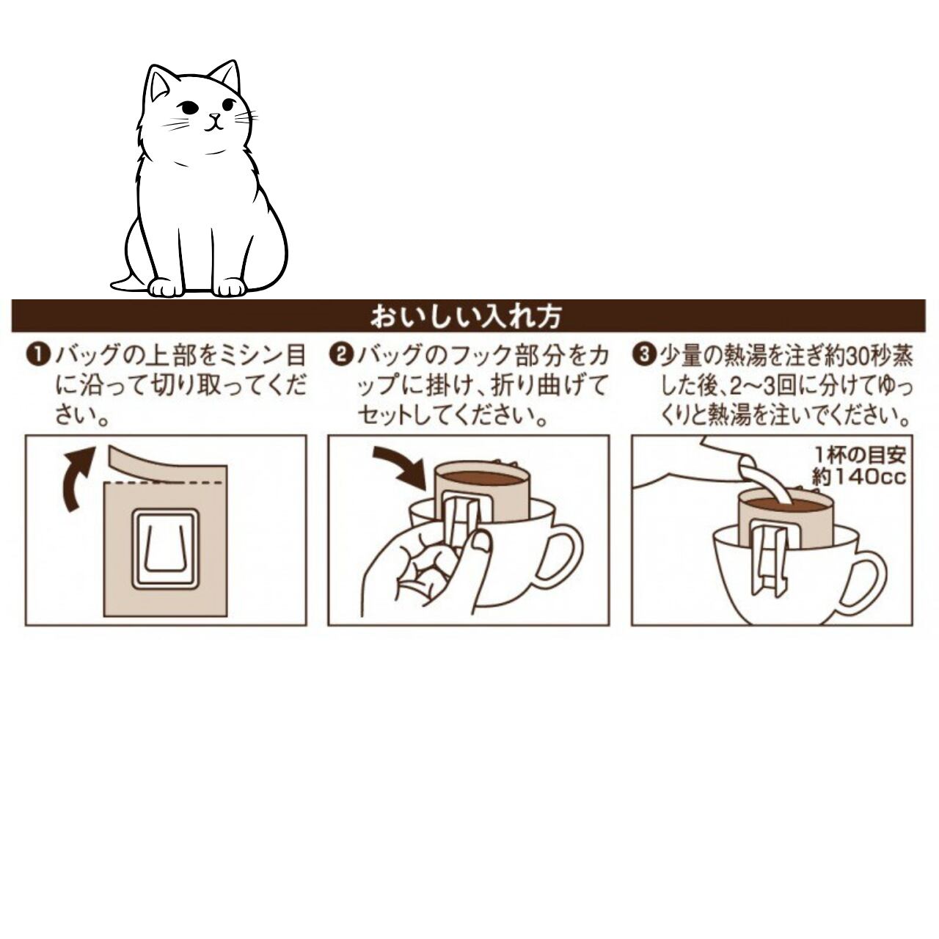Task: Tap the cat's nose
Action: [213, 117]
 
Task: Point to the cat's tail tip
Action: [113, 284]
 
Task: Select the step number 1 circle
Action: [39, 355]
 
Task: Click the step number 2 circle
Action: [341, 355]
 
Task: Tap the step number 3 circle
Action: [644, 355]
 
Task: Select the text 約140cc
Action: [858, 477]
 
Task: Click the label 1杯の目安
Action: [861, 455]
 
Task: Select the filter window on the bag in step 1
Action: [167, 548]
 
